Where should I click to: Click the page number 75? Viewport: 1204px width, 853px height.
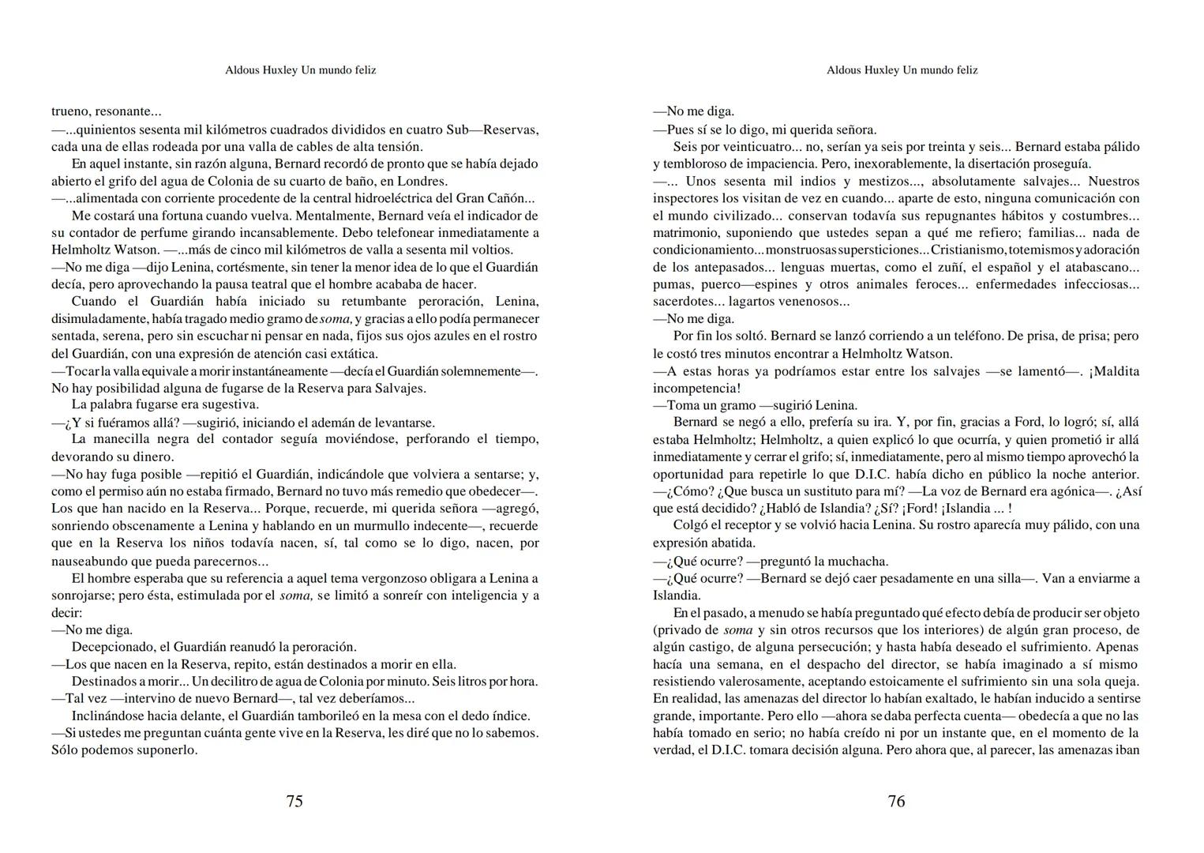[294, 801]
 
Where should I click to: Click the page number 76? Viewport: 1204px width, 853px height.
[896, 801]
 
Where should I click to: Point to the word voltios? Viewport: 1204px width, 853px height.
[486, 250]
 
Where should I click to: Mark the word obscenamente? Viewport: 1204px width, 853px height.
[159, 526]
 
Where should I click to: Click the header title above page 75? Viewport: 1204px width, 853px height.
[301, 70]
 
